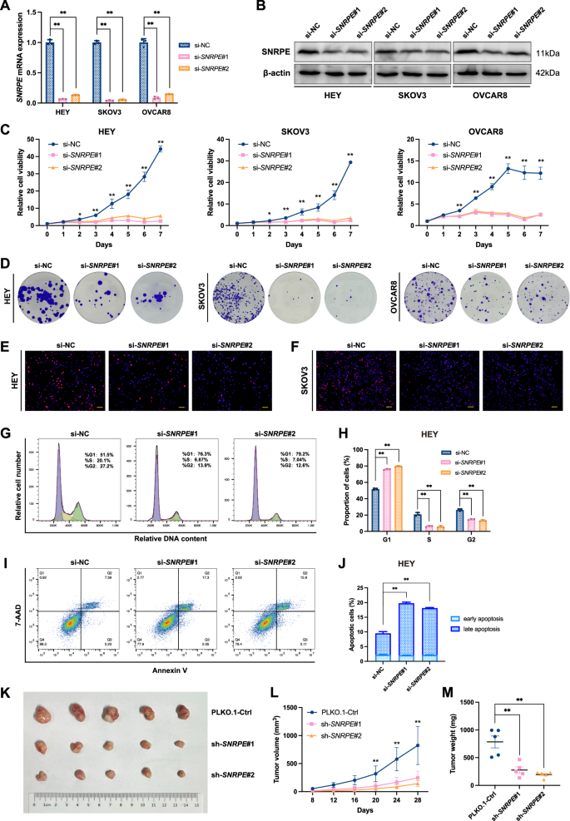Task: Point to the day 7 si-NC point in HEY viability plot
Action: click(160, 149)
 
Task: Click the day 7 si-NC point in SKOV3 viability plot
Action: click(351, 162)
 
